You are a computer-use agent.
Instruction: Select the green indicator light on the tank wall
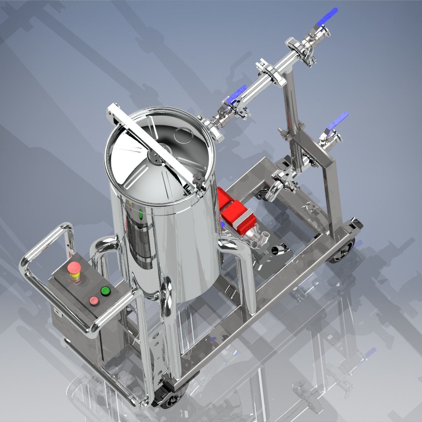[x=141, y=215]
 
